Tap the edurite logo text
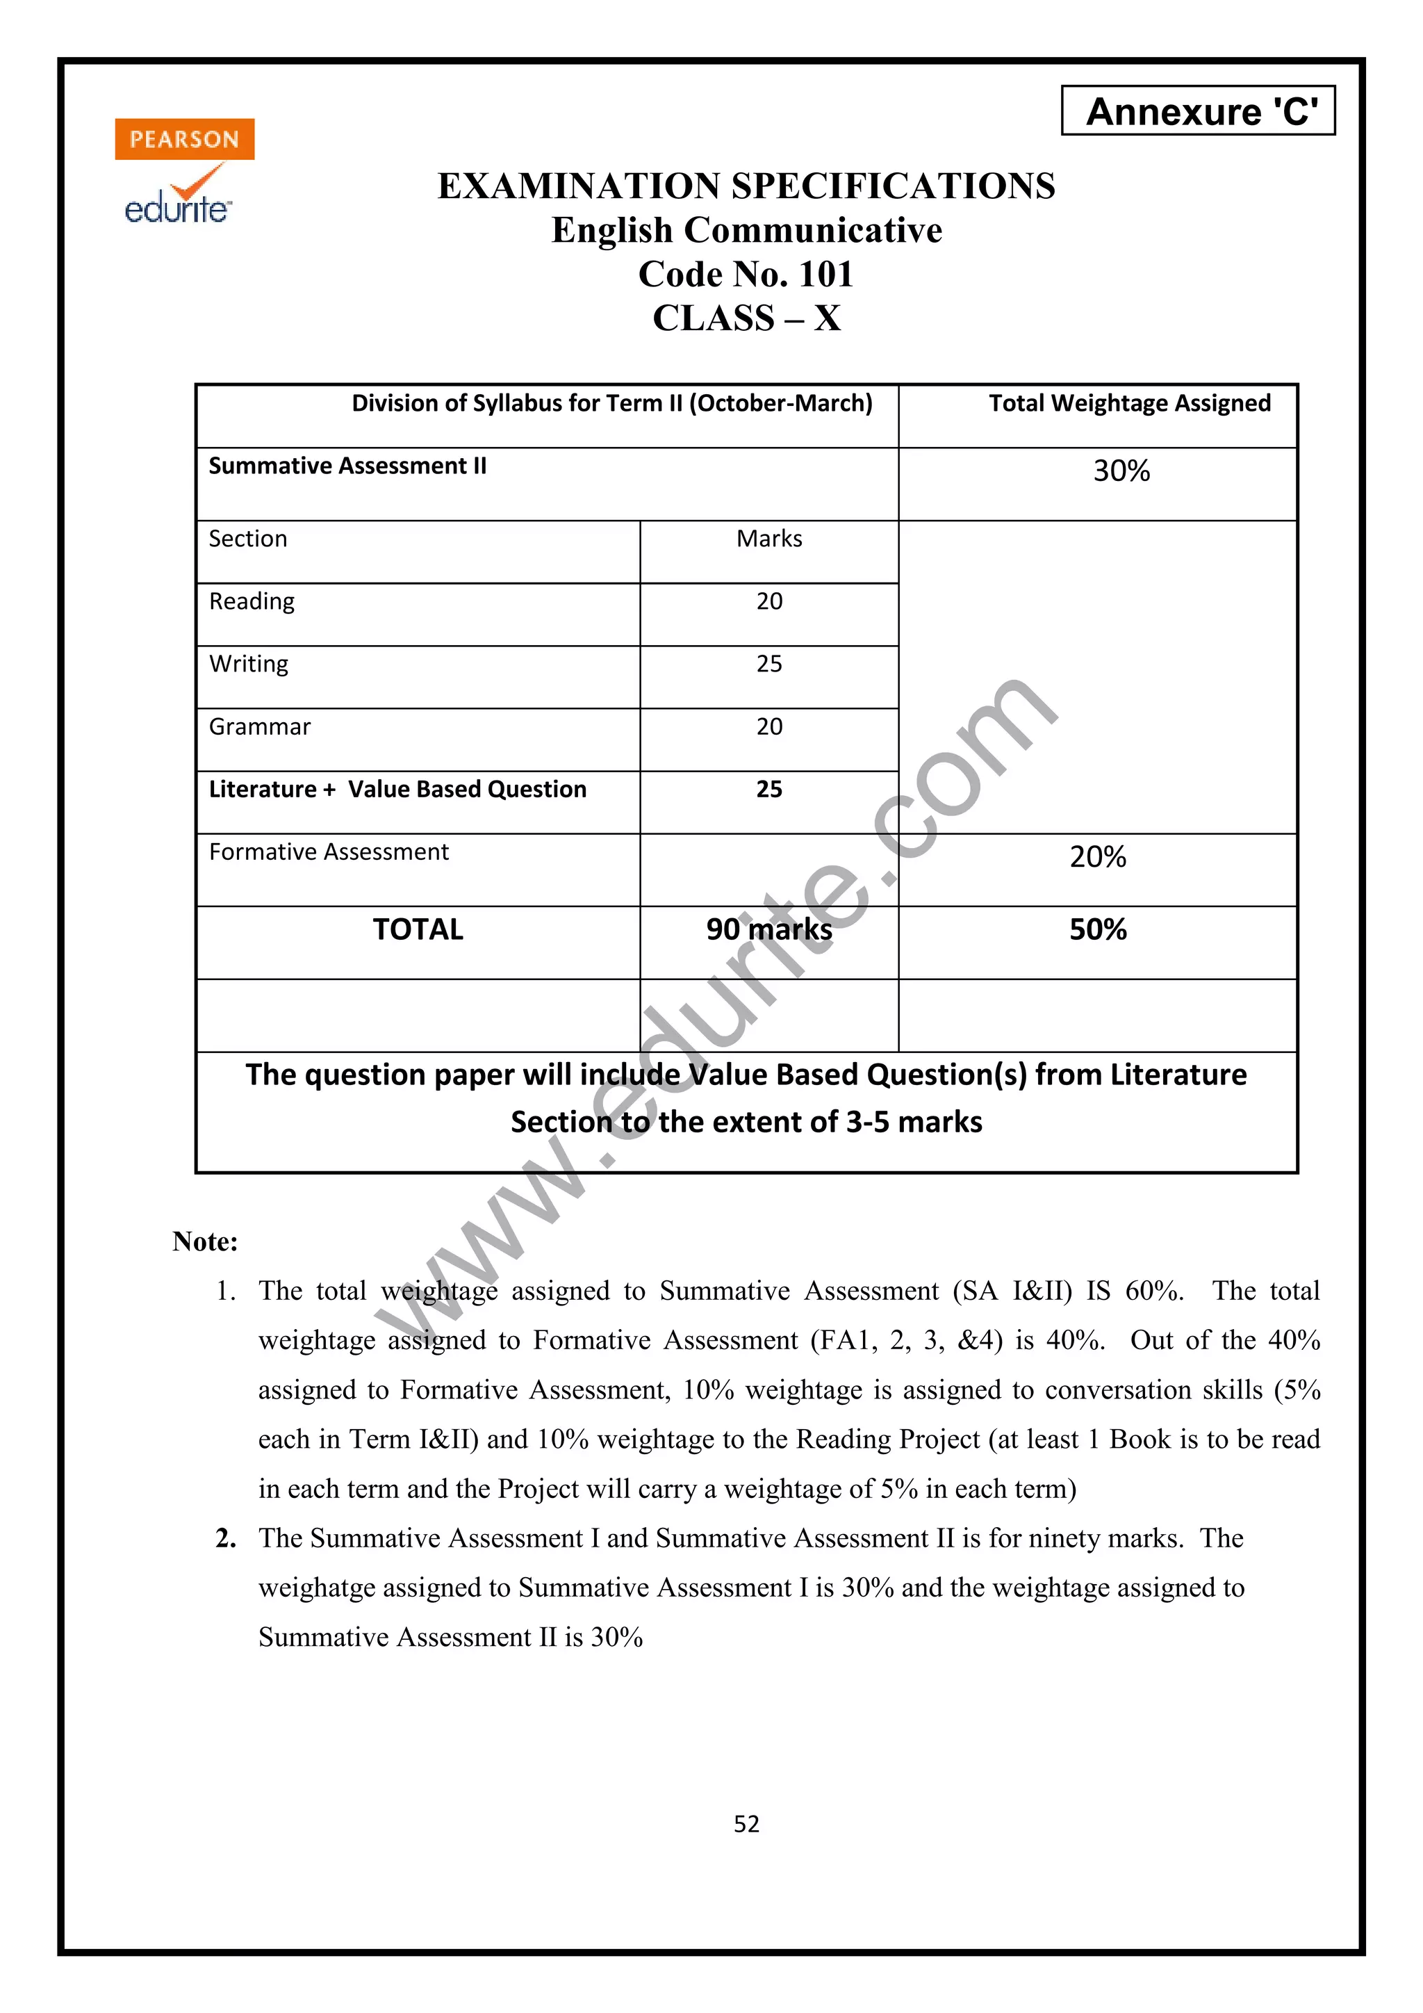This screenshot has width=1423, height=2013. (178, 209)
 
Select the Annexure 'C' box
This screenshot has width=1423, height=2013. (1198, 111)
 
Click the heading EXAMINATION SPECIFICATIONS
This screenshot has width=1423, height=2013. (746, 186)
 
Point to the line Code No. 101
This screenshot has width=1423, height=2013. (746, 275)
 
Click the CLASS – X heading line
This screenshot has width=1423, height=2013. (746, 318)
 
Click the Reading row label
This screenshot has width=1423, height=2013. (252, 601)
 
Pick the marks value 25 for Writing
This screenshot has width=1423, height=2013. (768, 664)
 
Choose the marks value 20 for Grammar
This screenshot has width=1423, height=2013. (768, 727)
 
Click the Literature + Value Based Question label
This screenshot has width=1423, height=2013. (397, 789)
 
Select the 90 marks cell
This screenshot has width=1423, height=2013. (768, 929)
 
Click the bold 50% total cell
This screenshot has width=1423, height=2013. (1097, 929)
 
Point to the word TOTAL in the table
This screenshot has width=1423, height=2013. (418, 929)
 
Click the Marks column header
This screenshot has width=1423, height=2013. (768, 538)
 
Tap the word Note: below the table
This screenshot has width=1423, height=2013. (205, 1241)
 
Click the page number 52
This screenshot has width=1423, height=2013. (746, 1825)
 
